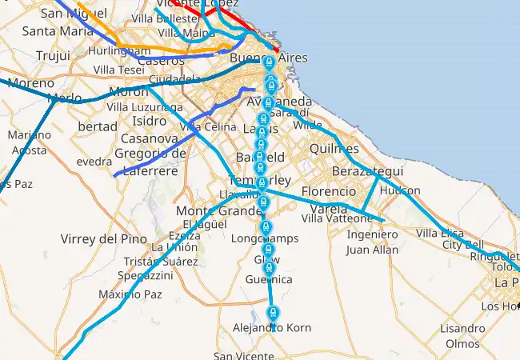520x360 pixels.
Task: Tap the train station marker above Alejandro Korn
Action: tap(273, 311)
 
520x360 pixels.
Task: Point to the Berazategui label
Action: tap(368, 172)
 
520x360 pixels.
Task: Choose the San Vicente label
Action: tap(243, 356)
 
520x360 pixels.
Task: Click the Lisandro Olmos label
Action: tap(462, 336)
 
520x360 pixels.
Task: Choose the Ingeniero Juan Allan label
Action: tap(372, 242)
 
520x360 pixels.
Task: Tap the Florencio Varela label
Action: tap(329, 200)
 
